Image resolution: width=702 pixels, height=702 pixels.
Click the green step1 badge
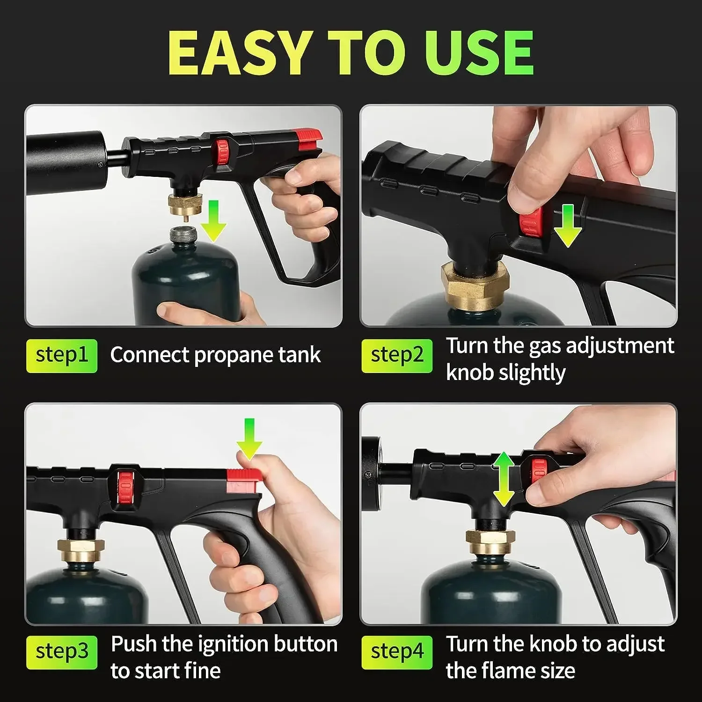click(x=62, y=356)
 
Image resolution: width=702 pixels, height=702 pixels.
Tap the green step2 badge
click(x=397, y=356)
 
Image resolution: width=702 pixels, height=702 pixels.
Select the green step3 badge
click(x=62, y=652)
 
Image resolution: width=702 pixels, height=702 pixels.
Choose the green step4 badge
click(x=397, y=652)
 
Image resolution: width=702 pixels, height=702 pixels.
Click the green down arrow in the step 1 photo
click(x=213, y=221)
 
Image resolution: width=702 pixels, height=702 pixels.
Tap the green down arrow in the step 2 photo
click(x=568, y=226)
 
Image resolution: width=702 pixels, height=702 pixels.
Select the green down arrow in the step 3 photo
click(x=249, y=439)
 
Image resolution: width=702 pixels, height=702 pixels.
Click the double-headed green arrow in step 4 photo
click(x=504, y=479)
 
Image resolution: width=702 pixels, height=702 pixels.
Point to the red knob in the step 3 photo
click(x=125, y=485)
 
